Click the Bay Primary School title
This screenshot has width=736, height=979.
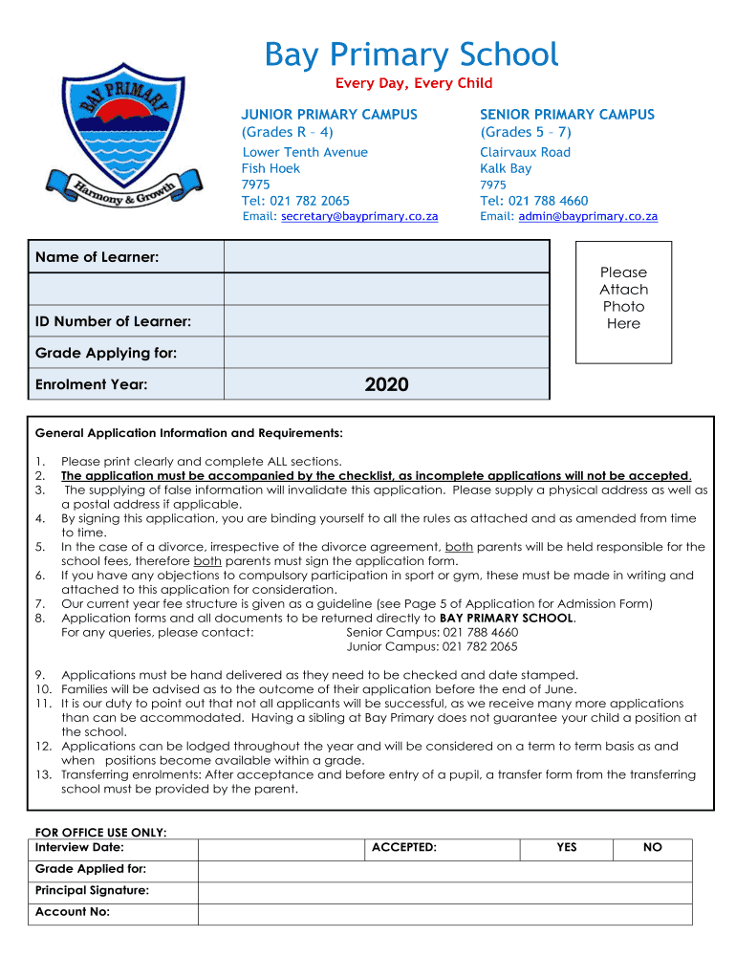[411, 54]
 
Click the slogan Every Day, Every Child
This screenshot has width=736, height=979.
[413, 84]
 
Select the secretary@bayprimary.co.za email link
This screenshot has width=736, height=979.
[359, 217]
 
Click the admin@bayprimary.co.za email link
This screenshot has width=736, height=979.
[588, 217]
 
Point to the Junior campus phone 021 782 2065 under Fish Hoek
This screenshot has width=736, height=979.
[295, 201]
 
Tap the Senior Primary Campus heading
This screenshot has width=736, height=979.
[567, 115]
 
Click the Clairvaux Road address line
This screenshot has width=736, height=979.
[525, 153]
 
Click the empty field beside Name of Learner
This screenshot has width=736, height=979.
[386, 256]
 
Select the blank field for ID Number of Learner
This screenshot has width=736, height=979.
[386, 321]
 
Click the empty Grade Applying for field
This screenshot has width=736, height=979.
[386, 353]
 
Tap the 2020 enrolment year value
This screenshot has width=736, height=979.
[386, 384]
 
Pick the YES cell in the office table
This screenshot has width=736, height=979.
[567, 848]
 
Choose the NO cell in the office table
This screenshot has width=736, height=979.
[653, 848]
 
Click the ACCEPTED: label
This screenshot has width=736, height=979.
[403, 848]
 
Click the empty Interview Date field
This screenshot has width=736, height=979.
[281, 848]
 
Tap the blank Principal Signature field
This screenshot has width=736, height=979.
[444, 892]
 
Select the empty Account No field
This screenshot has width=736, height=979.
[444, 914]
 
